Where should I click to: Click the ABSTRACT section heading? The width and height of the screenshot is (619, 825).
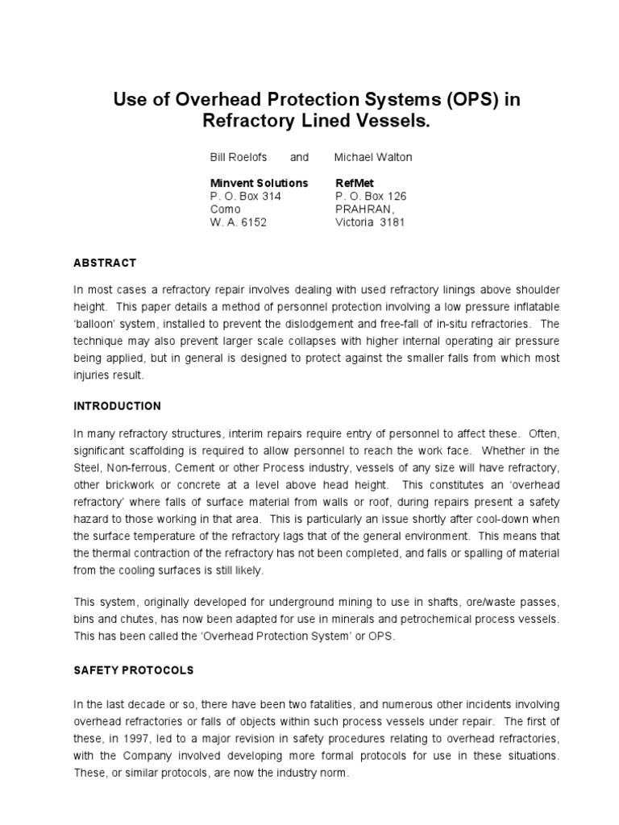105,263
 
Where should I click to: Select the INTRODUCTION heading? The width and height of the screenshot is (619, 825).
118,405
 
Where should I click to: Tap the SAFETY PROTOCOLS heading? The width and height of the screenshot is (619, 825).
134,670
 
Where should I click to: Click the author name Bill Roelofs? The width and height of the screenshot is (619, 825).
239,157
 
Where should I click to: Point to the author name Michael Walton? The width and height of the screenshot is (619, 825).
373,157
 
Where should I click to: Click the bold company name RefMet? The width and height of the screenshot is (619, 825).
354,183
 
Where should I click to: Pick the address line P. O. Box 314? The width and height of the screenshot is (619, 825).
245,196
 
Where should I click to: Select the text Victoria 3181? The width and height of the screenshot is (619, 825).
370,222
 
